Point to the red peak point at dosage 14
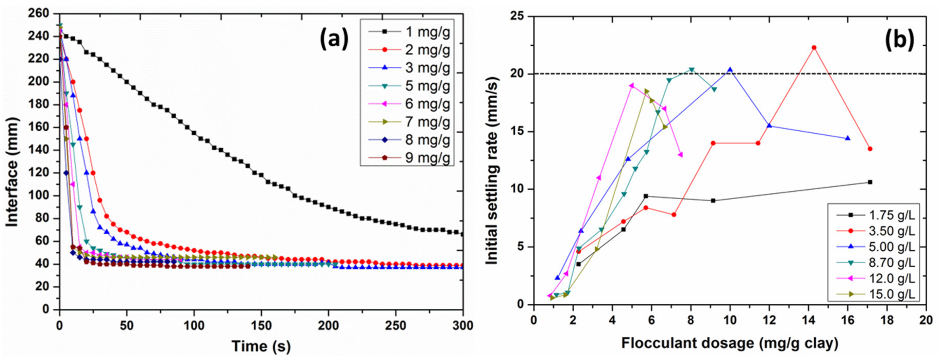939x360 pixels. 814,48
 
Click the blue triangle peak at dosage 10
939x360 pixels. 730,69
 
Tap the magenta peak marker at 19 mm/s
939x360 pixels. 632,86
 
